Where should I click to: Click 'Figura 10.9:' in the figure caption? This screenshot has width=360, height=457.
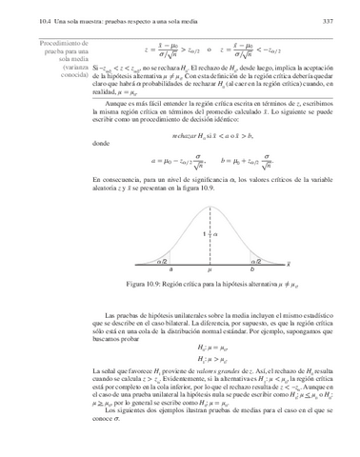[x=133, y=286]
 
